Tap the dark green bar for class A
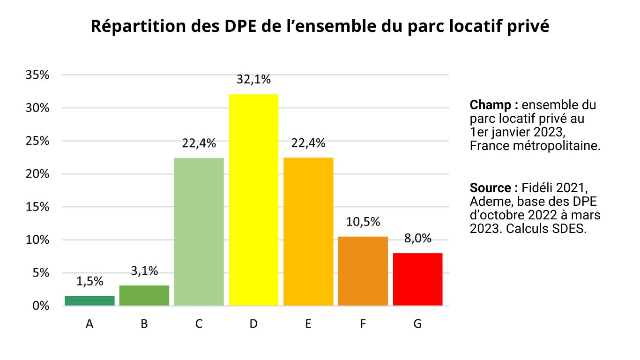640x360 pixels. pos(89,300)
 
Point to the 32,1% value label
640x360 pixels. pos(253,80)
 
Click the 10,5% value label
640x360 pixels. pos(363,222)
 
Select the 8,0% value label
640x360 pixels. pos(417,239)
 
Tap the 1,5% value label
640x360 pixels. pos(89,281)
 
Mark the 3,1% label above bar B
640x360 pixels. pos(144,271)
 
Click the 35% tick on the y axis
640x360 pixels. pos(37,75)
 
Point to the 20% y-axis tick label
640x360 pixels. pos(37,174)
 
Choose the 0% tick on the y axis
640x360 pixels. pos(40,306)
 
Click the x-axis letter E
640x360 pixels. pos(308,324)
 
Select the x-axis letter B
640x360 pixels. pos(144,324)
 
